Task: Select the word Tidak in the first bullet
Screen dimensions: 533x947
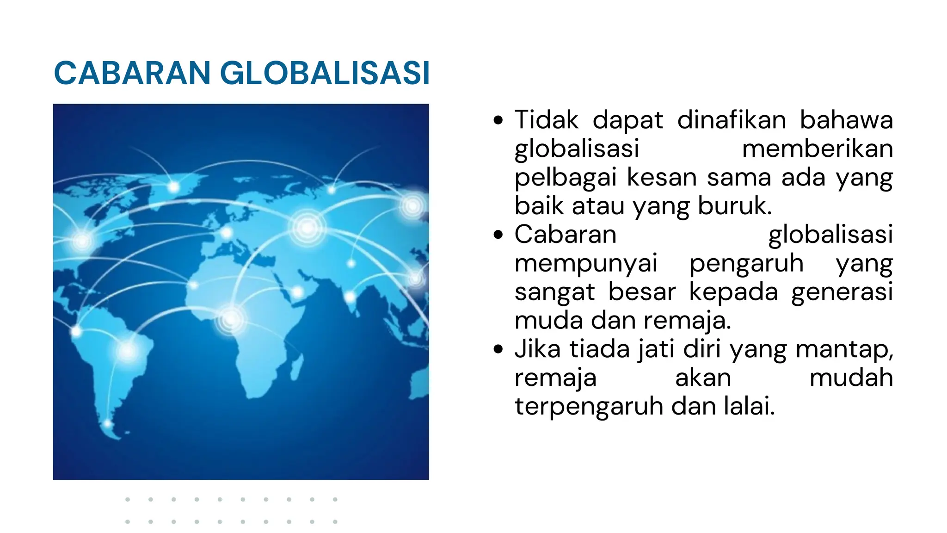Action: (546, 120)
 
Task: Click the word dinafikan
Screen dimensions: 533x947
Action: (732, 120)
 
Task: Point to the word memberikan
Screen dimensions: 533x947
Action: (817, 149)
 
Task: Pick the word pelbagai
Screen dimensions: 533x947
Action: (566, 178)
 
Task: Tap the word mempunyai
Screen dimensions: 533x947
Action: (585, 263)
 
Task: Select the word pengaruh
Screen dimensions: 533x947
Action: (746, 264)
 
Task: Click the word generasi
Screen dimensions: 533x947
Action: (842, 292)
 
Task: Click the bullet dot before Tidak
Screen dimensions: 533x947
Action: (498, 121)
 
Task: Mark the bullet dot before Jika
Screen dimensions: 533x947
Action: (498, 349)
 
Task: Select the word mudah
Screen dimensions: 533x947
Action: (851, 378)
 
